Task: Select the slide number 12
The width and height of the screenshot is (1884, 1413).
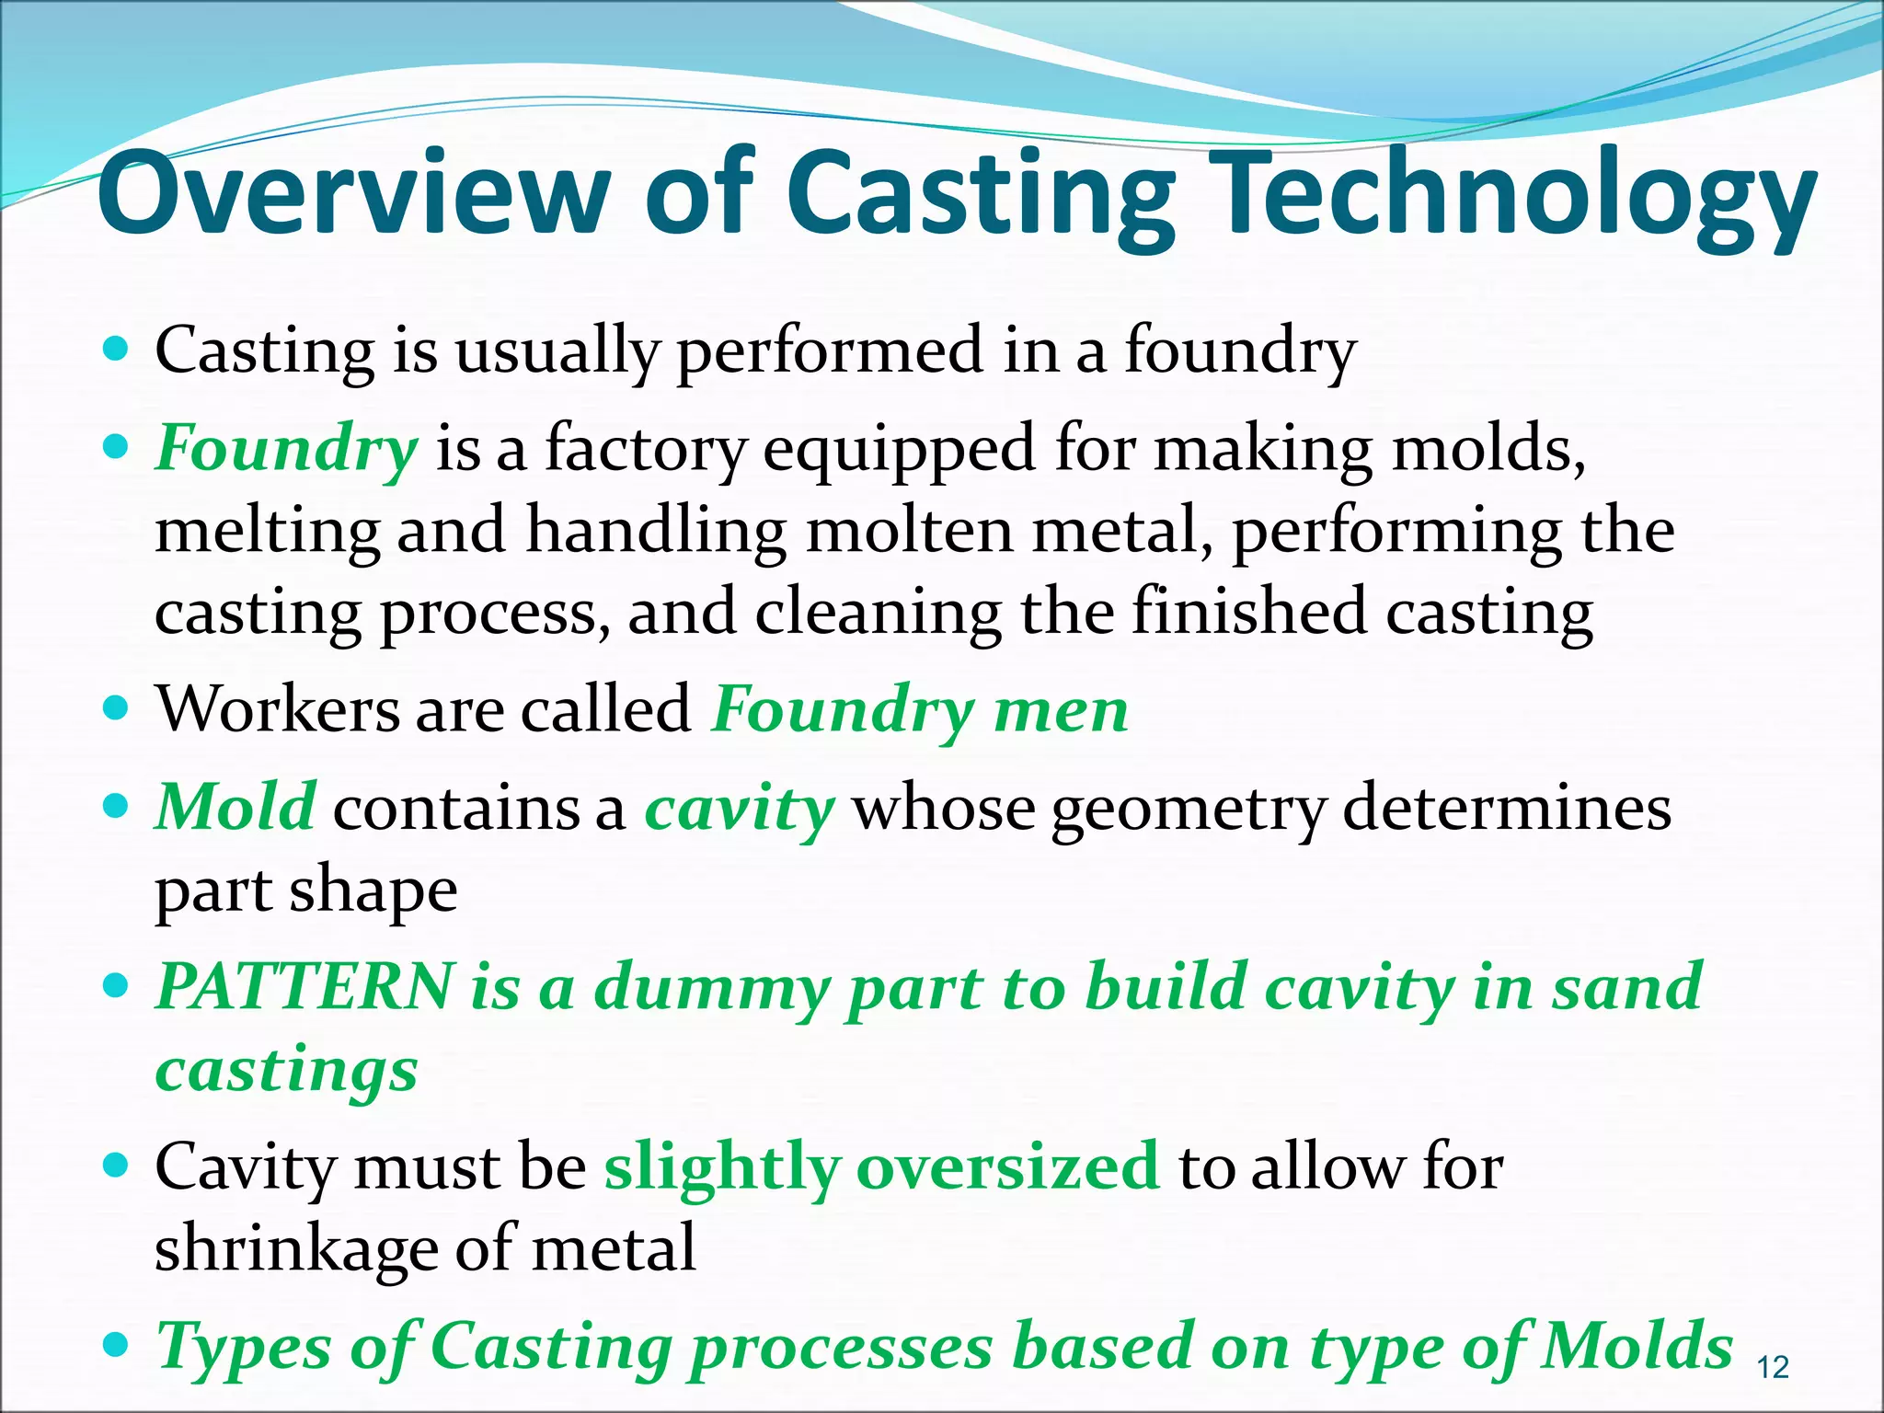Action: [x=1773, y=1368]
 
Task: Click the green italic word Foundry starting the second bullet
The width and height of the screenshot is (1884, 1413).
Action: [x=286, y=451]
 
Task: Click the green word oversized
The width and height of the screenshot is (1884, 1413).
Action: [x=1008, y=1166]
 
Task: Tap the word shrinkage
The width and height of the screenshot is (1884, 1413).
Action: [x=295, y=1249]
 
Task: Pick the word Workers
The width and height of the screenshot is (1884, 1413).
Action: [x=276, y=710]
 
